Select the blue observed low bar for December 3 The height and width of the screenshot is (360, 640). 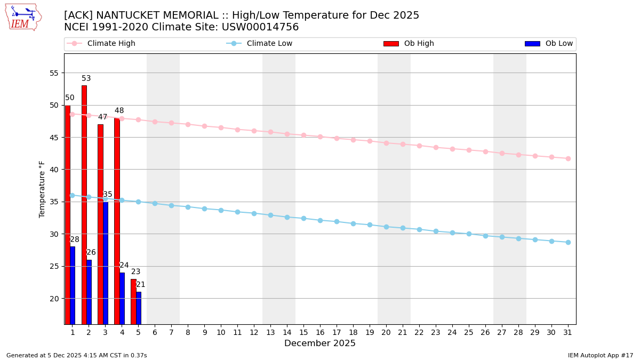[x=106, y=261]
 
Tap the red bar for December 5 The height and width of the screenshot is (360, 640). [x=133, y=301]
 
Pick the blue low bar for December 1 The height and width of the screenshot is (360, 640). [x=73, y=285]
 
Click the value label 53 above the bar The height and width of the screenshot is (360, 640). [x=86, y=78]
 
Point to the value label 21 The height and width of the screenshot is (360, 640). [x=141, y=285]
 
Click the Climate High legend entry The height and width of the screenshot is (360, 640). [x=111, y=44]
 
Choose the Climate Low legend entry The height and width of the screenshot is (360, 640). [x=269, y=44]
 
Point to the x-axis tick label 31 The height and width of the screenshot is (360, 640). [x=568, y=332]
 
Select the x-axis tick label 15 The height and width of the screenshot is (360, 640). [x=303, y=332]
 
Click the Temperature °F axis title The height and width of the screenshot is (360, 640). [x=42, y=189]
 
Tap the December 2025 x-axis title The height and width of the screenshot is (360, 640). [x=320, y=343]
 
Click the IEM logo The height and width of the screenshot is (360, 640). [x=23, y=17]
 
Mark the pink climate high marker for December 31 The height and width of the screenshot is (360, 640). [x=568, y=158]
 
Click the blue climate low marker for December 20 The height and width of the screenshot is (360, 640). [x=386, y=227]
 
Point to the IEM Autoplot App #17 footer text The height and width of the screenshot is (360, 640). [x=601, y=355]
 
